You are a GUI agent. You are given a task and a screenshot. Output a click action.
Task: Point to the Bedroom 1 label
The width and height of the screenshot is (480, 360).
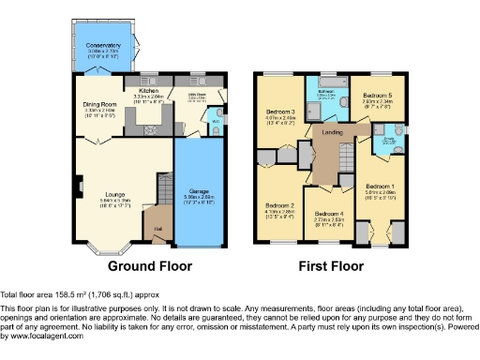click(x=381, y=186)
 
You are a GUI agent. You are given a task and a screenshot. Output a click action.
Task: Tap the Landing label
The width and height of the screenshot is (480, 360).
click(x=332, y=133)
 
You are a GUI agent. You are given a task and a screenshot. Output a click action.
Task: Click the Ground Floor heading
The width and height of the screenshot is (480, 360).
click(x=150, y=265)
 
